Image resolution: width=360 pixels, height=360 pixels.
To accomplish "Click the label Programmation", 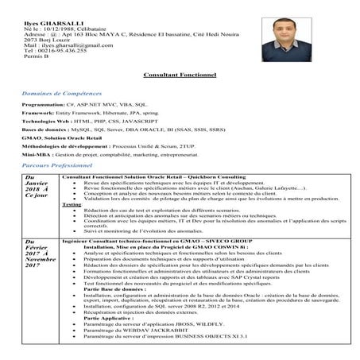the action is pyautogui.click(x=47, y=104).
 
